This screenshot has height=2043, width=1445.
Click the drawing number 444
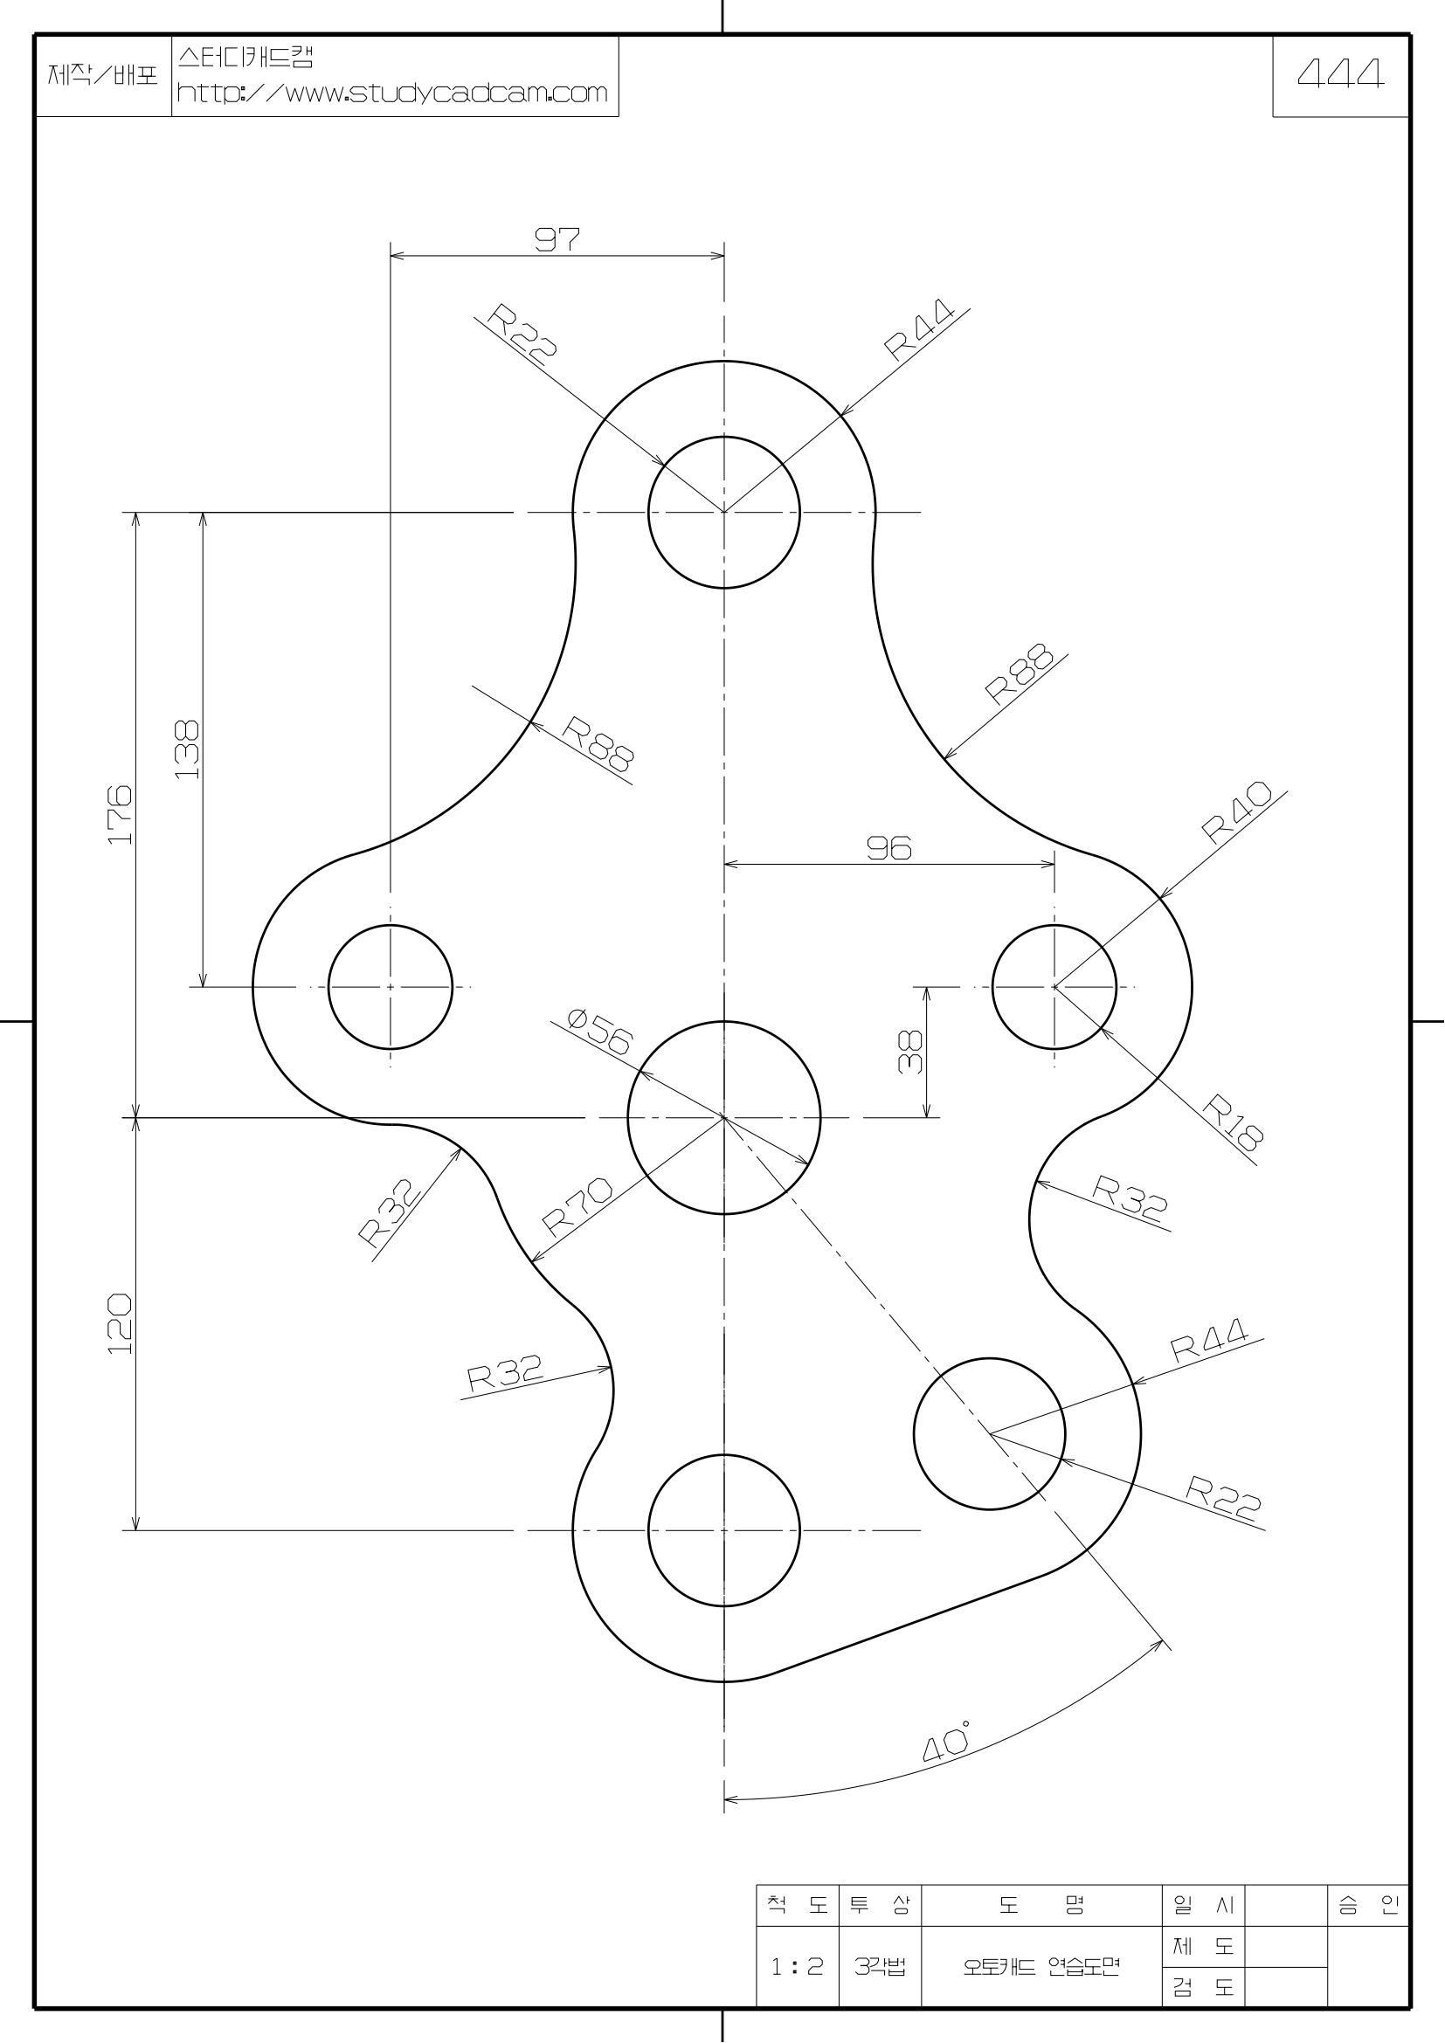(x=1340, y=75)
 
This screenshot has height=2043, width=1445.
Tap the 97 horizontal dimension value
(x=557, y=238)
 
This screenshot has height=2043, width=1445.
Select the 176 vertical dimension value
(x=119, y=814)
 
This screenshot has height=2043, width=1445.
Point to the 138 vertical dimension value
(x=187, y=750)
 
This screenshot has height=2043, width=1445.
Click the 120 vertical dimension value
(x=119, y=1325)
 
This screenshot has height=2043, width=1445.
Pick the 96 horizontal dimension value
(x=889, y=848)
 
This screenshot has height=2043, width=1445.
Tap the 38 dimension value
(x=910, y=1052)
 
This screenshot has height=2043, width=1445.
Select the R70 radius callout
(x=577, y=1207)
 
